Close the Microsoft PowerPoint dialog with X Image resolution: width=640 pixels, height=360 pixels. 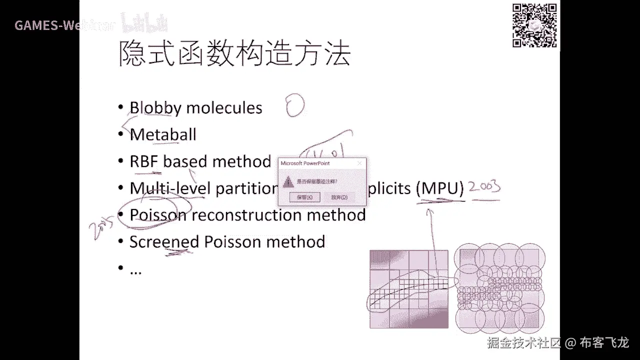click(x=359, y=163)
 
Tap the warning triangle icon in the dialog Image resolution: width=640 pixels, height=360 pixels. click(x=288, y=181)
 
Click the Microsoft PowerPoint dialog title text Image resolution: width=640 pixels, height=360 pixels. click(x=305, y=163)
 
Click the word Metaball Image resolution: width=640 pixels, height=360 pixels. click(x=163, y=134)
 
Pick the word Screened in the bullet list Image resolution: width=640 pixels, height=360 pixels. click(x=164, y=242)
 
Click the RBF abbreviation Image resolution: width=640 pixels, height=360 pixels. click(x=144, y=161)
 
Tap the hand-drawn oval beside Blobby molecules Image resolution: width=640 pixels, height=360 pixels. click(x=295, y=106)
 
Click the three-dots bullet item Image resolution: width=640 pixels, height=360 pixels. click(x=135, y=270)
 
